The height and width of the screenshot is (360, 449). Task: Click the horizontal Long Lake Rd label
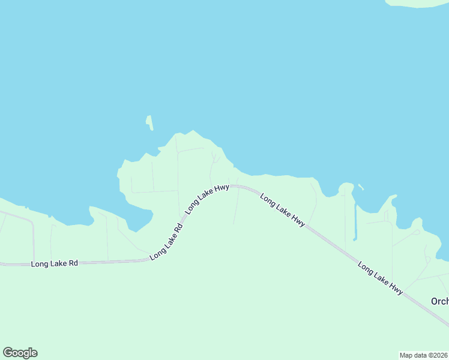point(55,263)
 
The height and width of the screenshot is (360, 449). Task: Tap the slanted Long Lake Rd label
point(166,242)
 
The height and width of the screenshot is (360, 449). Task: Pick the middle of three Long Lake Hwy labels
point(283,210)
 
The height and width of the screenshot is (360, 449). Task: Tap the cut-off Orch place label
point(439,301)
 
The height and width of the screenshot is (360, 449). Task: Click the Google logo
point(20,353)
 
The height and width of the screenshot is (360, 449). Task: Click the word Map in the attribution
point(406,355)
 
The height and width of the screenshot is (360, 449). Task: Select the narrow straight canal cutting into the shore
point(355,222)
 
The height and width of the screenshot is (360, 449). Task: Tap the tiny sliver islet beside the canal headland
point(361,187)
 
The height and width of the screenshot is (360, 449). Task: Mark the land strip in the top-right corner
point(418,3)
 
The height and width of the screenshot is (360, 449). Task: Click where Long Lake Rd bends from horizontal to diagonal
point(150,259)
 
